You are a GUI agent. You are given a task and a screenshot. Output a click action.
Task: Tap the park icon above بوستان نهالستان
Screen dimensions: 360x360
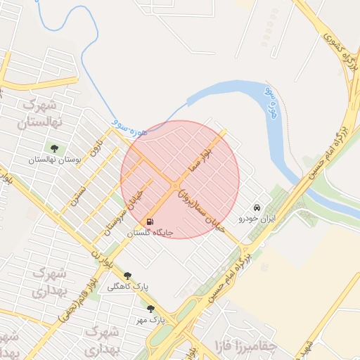pyautogui.click(x=54, y=148)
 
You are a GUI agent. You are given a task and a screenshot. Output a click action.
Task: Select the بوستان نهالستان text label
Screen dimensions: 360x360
pyautogui.click(x=55, y=160)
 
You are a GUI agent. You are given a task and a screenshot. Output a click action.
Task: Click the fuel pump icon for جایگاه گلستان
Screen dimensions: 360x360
pyautogui.click(x=149, y=221)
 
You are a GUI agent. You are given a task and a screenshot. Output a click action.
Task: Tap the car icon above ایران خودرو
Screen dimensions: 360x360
pyautogui.click(x=257, y=207)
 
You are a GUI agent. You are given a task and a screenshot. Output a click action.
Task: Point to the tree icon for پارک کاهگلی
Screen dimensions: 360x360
pyautogui.click(x=127, y=276)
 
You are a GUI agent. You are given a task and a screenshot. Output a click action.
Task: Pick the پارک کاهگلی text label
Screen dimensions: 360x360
pyautogui.click(x=128, y=287)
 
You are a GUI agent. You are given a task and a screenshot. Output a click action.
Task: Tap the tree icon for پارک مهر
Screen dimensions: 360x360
pyautogui.click(x=150, y=308)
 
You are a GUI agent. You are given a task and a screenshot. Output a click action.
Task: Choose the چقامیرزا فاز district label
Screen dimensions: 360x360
pyautogui.click(x=247, y=345)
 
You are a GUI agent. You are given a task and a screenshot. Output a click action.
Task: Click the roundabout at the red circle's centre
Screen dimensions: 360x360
pyautogui.click(x=174, y=186)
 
